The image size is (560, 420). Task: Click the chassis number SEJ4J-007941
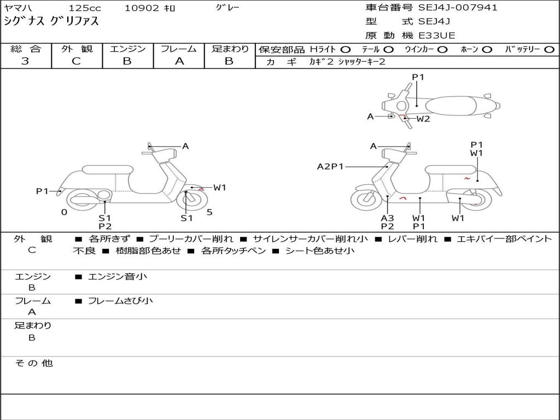coord(458,8)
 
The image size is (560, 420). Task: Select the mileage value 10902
coord(142,8)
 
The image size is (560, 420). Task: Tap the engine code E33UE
coord(437,36)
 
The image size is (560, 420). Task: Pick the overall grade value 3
coord(25,61)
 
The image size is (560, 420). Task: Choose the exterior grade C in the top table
coord(77,61)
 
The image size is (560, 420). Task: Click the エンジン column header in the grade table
coord(127,49)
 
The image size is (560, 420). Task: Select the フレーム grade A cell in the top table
coord(179,61)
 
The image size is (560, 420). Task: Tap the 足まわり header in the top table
coord(230,49)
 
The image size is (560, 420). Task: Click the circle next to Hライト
coord(346,49)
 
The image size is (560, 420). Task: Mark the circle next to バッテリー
coord(549,49)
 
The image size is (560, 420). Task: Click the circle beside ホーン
coord(486,49)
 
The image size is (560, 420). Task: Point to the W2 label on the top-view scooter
coord(423,119)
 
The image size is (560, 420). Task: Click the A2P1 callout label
coord(330,166)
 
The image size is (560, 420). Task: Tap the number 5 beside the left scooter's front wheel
coord(209,212)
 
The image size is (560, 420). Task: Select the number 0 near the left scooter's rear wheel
coord(64,212)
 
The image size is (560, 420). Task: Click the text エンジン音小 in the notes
coord(118,277)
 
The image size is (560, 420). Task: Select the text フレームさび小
coord(120,301)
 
